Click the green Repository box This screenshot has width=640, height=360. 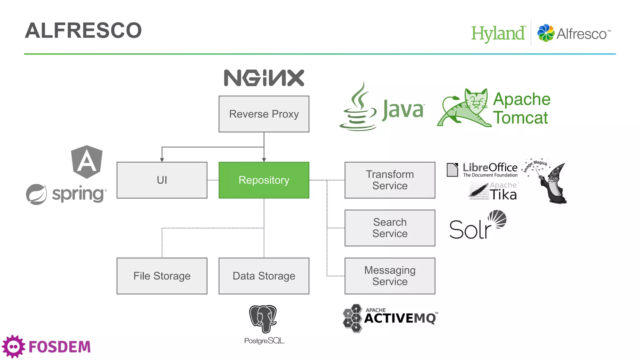coord(264,180)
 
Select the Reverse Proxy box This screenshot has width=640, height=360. coord(264,114)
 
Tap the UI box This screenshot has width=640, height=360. coord(162,180)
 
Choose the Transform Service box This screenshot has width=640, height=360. coord(390,180)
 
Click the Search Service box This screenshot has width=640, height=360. coord(390,228)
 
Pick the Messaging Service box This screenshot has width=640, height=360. coord(390,276)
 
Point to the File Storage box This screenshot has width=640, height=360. coord(162,276)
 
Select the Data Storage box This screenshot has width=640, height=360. coord(264,276)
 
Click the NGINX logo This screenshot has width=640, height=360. coord(264,78)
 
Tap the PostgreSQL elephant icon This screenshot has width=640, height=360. coord(263,319)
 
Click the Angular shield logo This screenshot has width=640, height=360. coord(87,162)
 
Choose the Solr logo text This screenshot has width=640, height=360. coord(470,230)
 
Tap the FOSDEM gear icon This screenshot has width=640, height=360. coord(13,347)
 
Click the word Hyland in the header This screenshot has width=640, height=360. coord(498,33)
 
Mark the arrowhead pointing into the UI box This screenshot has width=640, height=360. coord(162,160)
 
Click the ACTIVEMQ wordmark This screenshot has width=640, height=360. coord(400,318)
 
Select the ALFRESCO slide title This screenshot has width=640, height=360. coord(83,31)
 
